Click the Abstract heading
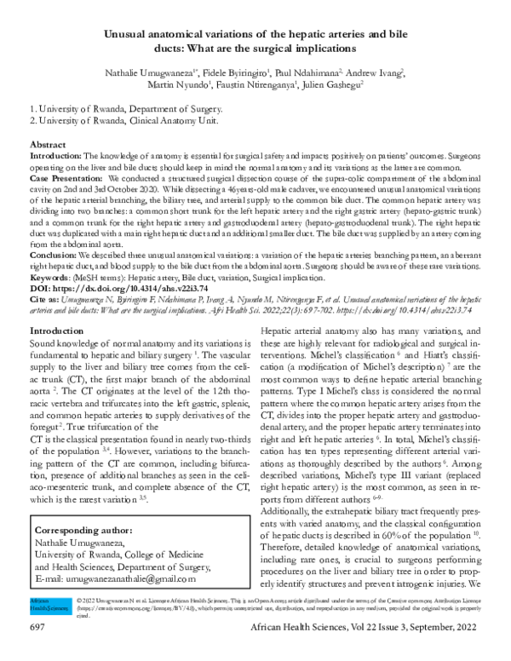(x=48, y=146)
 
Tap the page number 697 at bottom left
(x=37, y=650)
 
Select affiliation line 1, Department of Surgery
(x=126, y=109)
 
